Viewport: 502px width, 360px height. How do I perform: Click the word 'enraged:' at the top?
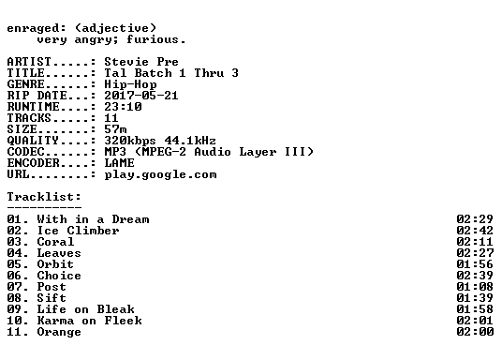coord(37,28)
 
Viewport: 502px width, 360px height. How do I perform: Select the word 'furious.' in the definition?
coord(155,39)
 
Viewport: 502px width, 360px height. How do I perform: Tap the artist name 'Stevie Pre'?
coord(141,62)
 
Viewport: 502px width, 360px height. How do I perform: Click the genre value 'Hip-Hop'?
coord(130,84)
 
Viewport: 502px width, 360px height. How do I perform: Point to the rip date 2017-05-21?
coord(141,96)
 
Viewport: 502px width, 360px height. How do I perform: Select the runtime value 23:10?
coord(123,107)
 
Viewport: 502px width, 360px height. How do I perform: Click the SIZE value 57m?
coord(115,129)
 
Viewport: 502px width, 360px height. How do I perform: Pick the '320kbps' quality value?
coord(130,141)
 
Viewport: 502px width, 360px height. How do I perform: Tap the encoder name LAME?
coord(120,163)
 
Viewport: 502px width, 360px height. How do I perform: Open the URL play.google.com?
coord(161,174)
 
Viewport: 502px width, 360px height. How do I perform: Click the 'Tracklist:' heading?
coord(44,197)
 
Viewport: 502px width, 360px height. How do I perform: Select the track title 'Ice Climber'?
coord(78,231)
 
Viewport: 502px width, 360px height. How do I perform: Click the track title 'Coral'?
coord(55,242)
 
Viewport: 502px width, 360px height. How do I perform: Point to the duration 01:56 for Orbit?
coord(475,264)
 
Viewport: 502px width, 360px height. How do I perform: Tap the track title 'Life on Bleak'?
coord(86,309)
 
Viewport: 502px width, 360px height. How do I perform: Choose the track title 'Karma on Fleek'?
coord(90,321)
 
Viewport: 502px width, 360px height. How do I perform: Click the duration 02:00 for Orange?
coord(475,332)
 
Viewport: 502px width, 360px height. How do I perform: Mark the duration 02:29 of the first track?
coord(475,219)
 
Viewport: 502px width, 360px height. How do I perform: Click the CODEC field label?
coord(25,152)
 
